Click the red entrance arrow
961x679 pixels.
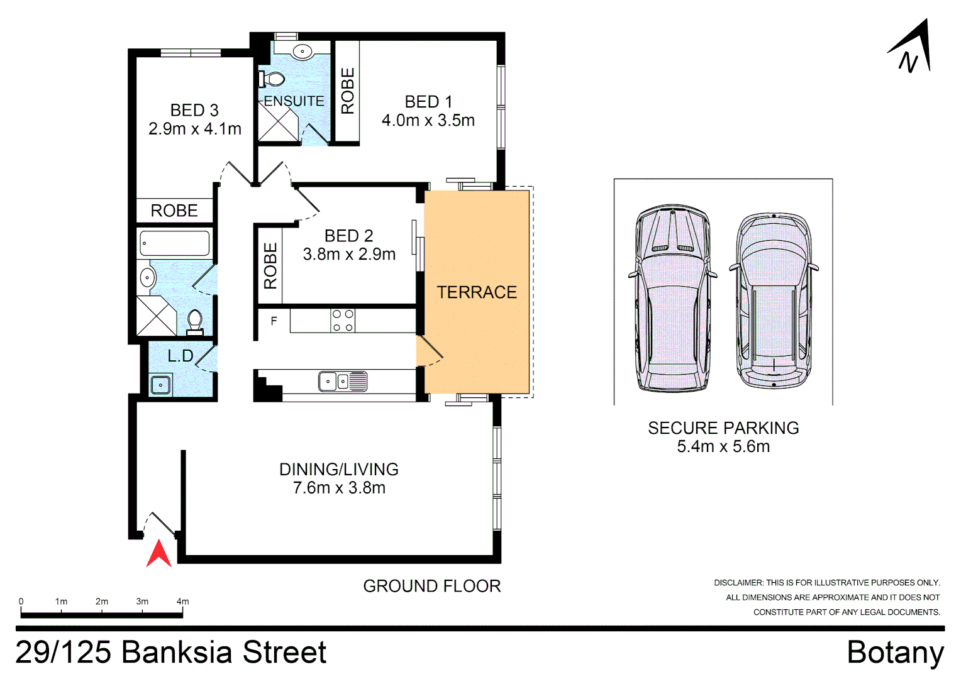pos(159,555)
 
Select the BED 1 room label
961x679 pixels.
pos(428,102)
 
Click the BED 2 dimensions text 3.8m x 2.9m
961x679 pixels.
pos(349,254)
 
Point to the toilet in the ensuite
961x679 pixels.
pos(271,79)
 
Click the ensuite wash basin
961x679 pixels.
pos(303,52)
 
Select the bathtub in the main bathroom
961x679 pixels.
pos(175,243)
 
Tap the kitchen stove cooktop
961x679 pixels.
pos(343,320)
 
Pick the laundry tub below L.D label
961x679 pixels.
pos(160,384)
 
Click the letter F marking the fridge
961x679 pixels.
pos(274,321)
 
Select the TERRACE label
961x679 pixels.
pos(477,292)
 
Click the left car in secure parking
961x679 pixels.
pos(672,298)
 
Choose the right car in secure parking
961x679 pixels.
pos(774,302)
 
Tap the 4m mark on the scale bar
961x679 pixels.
pos(182,602)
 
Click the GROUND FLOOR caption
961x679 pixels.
pos(432,586)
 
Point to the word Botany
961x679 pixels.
pos(895,652)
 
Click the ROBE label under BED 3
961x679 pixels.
pos(174,211)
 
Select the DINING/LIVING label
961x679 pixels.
pos(339,470)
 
